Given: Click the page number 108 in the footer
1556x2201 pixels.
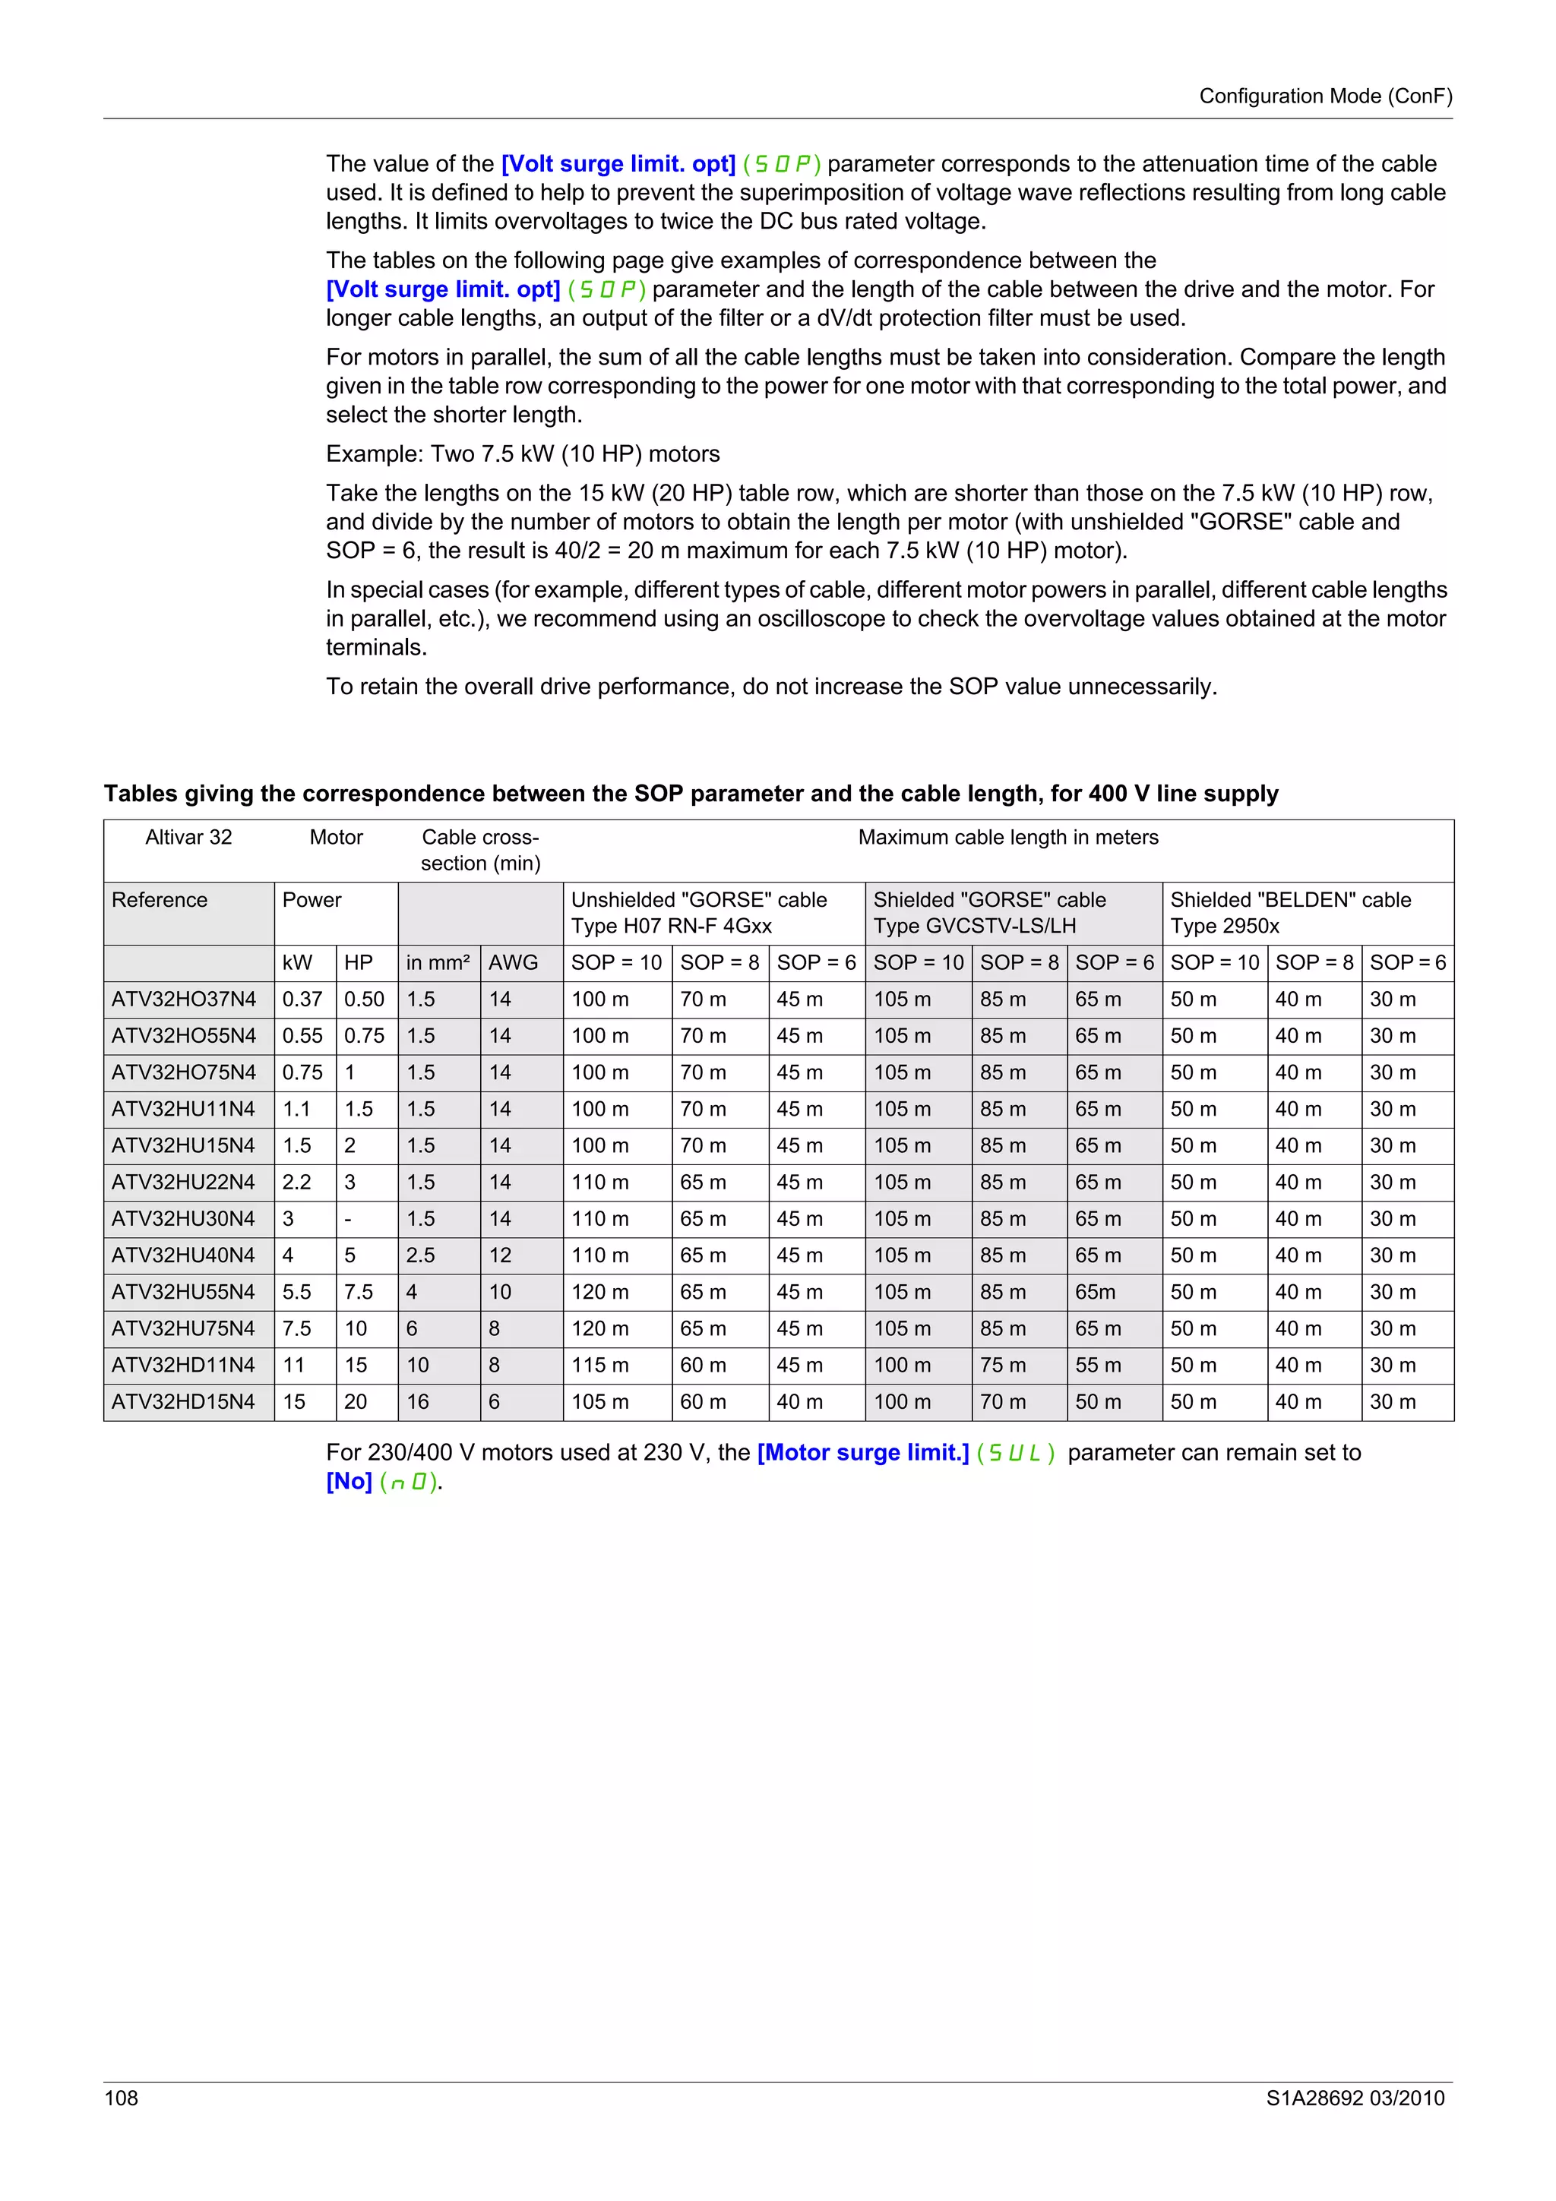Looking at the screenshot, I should pyautogui.click(x=121, y=2098).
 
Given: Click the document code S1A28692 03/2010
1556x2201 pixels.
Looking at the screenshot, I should pyautogui.click(x=1355, y=2098).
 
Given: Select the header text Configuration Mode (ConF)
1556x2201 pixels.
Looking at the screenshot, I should pyautogui.click(x=1325, y=96).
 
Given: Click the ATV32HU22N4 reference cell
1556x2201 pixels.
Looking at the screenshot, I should pyautogui.click(x=183, y=1182).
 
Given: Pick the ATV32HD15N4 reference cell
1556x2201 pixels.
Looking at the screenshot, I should pyautogui.click(x=183, y=1401).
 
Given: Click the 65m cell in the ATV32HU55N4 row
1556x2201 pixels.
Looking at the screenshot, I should pyautogui.click(x=1095, y=1292).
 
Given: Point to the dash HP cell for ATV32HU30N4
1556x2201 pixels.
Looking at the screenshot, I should pyautogui.click(x=348, y=1220).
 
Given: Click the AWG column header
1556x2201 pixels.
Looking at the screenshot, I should pyautogui.click(x=513, y=962).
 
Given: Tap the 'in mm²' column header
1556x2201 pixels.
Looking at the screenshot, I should pyautogui.click(x=437, y=962).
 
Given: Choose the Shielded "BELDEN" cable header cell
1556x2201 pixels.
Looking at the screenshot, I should pyautogui.click(x=1290, y=913).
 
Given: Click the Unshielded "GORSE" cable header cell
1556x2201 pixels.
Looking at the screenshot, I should pyautogui.click(x=699, y=913).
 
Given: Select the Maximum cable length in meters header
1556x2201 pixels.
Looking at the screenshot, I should pyautogui.click(x=1007, y=838).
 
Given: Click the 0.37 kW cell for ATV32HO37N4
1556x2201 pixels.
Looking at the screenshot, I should pyautogui.click(x=302, y=999).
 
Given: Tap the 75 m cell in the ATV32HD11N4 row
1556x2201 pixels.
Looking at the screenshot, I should pyautogui.click(x=1002, y=1365).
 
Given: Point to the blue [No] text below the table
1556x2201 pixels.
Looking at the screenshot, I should pyautogui.click(x=349, y=1481).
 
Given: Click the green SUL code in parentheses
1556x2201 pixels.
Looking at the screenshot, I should pyautogui.click(x=1014, y=1453).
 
